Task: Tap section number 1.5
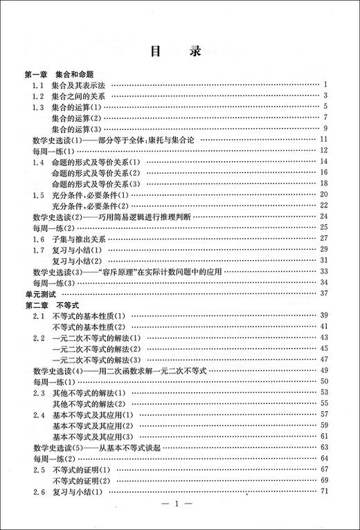(x=39, y=194)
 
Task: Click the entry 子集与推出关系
(x=80, y=238)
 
